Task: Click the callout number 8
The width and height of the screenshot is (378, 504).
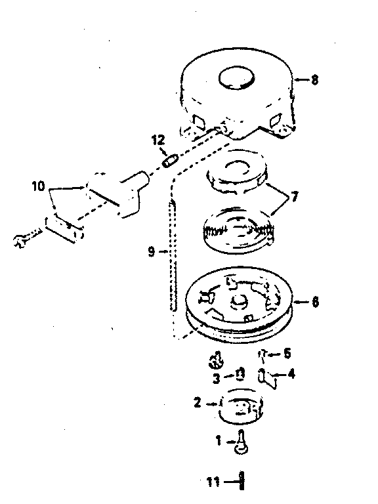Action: [x=315, y=79]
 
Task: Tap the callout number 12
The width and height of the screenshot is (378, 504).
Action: [x=158, y=140]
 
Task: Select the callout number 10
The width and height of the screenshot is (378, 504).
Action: [x=38, y=186]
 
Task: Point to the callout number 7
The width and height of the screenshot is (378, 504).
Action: [x=294, y=196]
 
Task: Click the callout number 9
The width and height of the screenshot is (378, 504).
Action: [x=152, y=251]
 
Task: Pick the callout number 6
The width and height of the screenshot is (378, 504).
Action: [x=315, y=302]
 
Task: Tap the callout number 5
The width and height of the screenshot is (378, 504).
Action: [x=287, y=354]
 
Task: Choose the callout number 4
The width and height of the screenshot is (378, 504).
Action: [x=291, y=374]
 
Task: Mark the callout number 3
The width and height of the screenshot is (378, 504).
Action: [x=217, y=378]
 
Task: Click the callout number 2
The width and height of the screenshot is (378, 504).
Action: [x=198, y=402]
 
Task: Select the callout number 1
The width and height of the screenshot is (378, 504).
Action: [x=219, y=441]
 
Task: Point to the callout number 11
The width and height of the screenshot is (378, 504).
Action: [x=213, y=482]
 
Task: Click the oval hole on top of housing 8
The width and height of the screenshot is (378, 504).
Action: [x=236, y=78]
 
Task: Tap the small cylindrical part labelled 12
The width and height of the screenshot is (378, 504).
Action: [x=170, y=160]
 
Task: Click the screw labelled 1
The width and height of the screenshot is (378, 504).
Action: [x=241, y=442]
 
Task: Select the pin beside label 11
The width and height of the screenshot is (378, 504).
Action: [x=241, y=481]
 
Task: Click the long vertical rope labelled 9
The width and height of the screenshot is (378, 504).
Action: [x=173, y=255]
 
